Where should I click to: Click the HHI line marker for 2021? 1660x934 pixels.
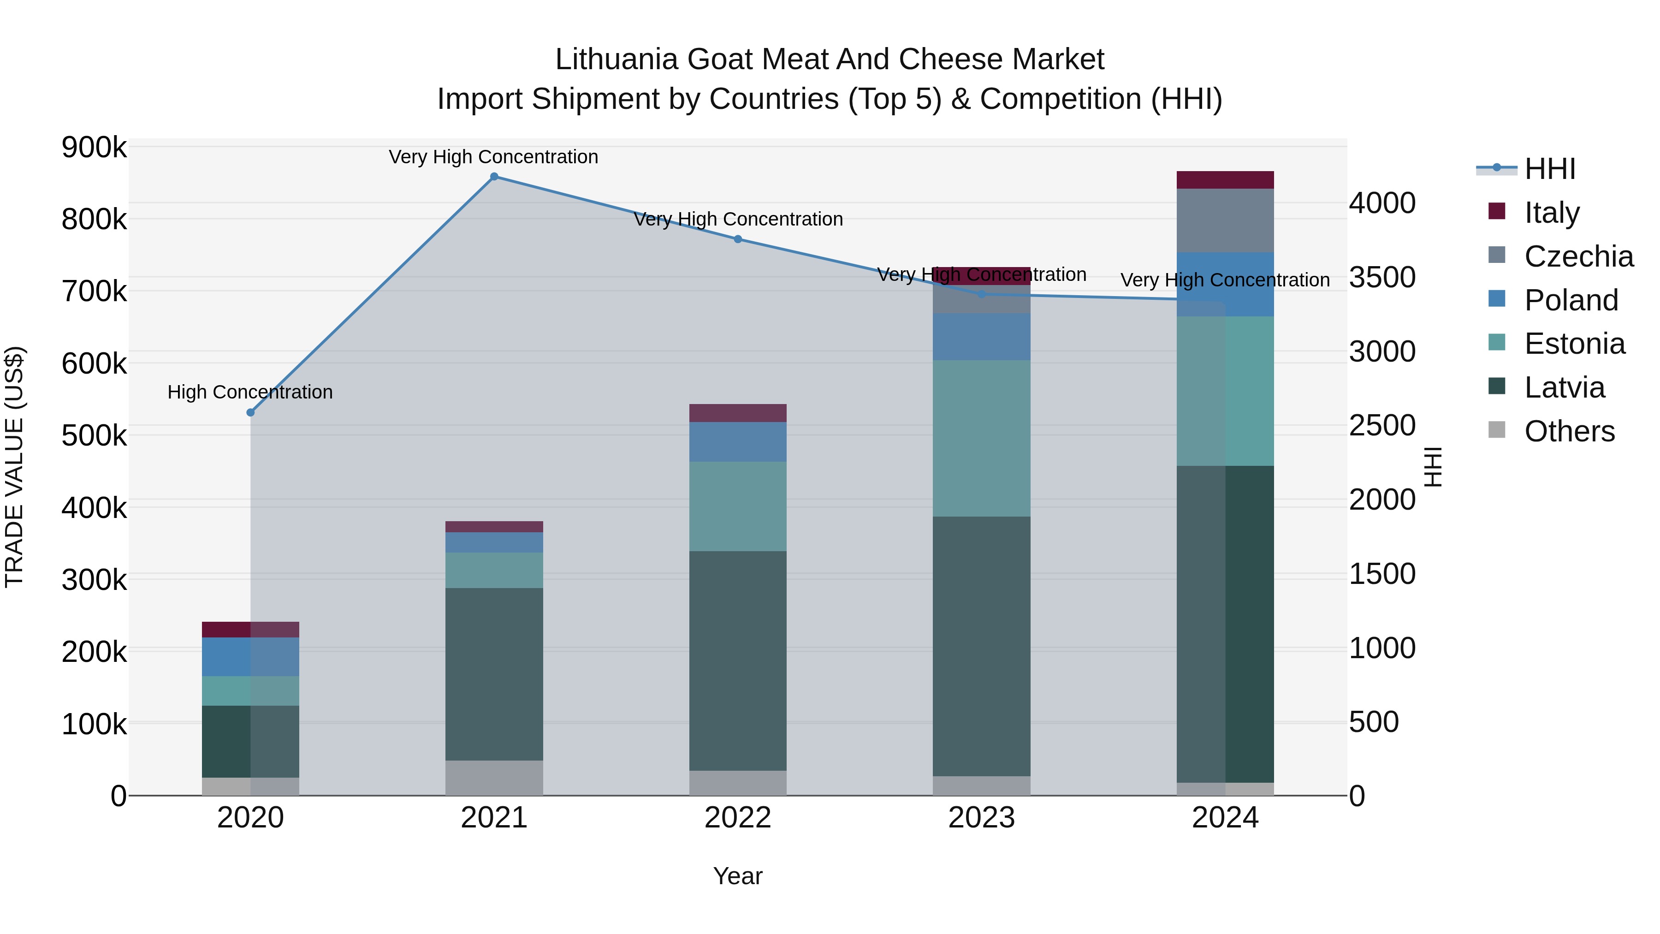click(494, 177)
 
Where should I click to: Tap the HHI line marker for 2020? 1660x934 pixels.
click(251, 412)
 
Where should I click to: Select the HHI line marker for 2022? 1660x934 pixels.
click(738, 239)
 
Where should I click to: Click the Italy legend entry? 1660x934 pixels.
click(1552, 212)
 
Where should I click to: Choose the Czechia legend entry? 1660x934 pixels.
click(1578, 256)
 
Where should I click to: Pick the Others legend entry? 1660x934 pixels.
click(1569, 431)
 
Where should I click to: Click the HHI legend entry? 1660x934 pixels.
click(1549, 169)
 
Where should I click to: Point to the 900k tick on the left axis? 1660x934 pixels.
click(94, 148)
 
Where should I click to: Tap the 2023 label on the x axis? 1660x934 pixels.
click(981, 818)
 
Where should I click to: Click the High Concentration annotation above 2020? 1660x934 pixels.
click(250, 392)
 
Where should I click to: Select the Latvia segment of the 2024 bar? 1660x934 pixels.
click(1225, 624)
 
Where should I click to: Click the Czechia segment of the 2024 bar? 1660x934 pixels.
click(1225, 220)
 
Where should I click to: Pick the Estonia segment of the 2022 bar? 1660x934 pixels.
click(738, 506)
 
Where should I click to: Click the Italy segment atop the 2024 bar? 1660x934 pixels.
click(1225, 180)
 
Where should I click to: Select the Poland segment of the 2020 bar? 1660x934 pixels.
click(251, 656)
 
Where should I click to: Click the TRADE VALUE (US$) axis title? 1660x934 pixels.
click(14, 467)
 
